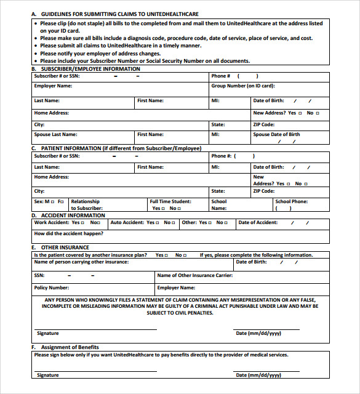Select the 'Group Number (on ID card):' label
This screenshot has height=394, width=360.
coord(242,86)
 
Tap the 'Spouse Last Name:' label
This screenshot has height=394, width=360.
coord(55,134)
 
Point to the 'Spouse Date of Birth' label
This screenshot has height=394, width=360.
coord(276,134)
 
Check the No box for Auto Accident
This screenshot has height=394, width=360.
coord(174,223)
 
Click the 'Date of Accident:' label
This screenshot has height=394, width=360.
coord(258,223)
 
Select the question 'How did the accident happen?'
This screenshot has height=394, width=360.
coord(68,234)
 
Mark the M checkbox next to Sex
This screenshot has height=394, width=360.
coord(52,201)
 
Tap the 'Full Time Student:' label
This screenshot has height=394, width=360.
coord(170,201)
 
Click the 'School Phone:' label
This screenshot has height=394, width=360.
coord(291,201)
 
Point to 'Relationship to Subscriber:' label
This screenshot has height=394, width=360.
coord(86,205)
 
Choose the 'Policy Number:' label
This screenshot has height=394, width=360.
coord(51,287)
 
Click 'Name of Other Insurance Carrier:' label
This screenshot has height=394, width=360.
coord(194,275)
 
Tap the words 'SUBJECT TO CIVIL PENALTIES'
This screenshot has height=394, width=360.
coord(180,313)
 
